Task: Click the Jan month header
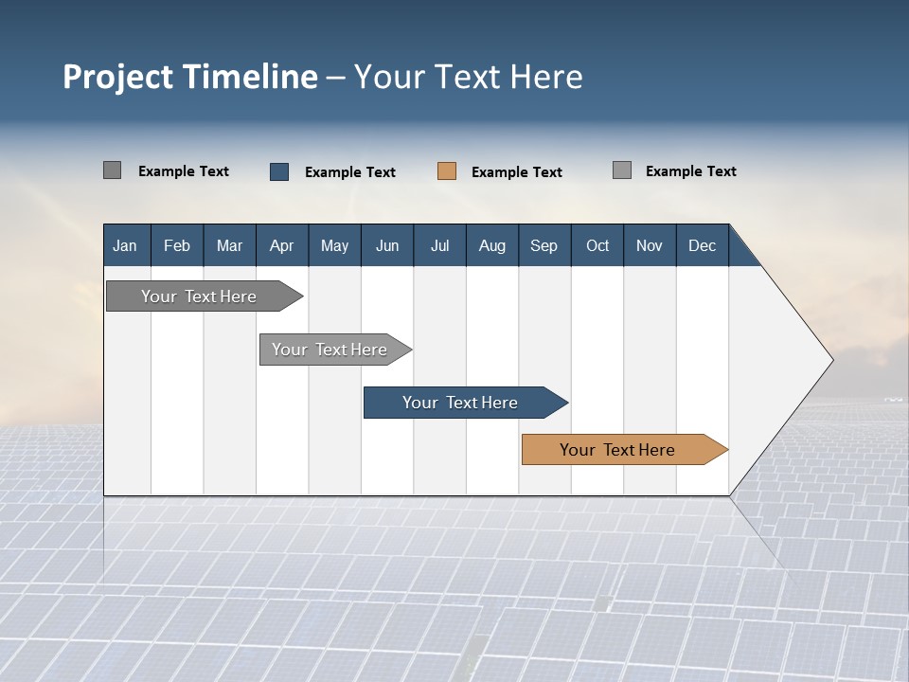125,245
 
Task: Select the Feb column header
177,245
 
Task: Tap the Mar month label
229,245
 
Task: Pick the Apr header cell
281,245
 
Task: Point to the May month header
334,245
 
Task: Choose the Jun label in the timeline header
387,245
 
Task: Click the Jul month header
439,245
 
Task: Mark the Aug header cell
491,245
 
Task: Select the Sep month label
544,245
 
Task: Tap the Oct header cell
597,245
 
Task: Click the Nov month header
650,245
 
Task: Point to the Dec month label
702,245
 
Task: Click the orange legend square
447,171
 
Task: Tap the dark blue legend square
279,171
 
